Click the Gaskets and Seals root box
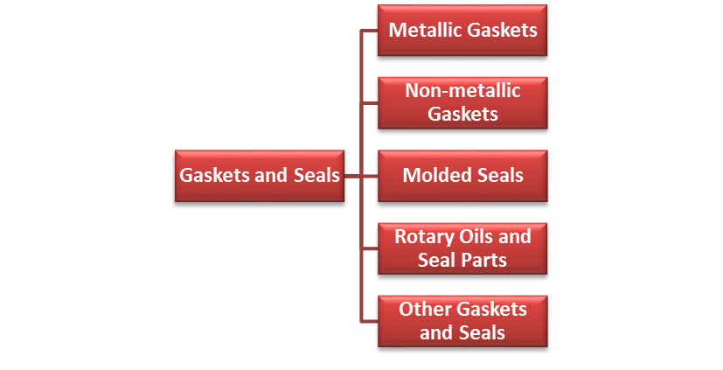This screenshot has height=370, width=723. (x=260, y=175)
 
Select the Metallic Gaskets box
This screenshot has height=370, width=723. (x=462, y=31)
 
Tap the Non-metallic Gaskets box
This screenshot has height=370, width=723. (x=462, y=102)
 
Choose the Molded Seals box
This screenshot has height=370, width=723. (x=462, y=175)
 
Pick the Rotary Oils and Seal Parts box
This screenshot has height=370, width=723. (x=462, y=248)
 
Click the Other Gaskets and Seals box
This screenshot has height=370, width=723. (x=462, y=320)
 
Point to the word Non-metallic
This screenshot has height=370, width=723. (x=463, y=91)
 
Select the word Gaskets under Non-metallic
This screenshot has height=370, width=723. (x=462, y=115)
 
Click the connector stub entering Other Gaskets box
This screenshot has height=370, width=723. (x=369, y=320)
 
